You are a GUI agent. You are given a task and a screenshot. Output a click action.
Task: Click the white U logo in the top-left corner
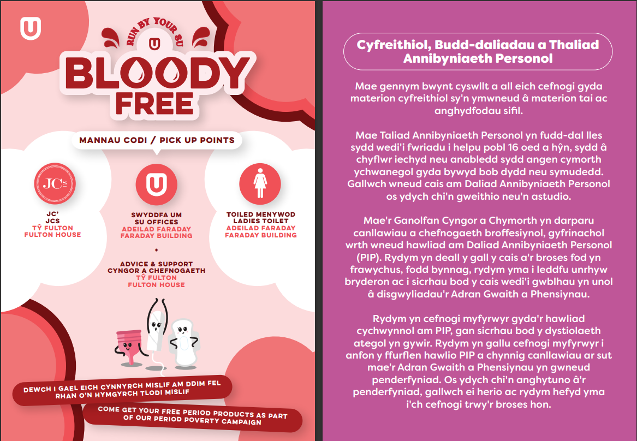pos(31,28)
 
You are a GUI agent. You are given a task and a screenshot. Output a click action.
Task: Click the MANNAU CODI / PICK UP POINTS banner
pos(157,140)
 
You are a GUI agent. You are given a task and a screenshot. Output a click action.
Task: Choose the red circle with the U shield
pos(156,182)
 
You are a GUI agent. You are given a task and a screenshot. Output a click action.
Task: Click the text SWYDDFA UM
pos(156,215)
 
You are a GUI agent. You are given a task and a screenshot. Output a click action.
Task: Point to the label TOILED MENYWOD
pos(261,215)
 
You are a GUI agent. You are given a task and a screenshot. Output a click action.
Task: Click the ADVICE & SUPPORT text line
pos(157,264)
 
